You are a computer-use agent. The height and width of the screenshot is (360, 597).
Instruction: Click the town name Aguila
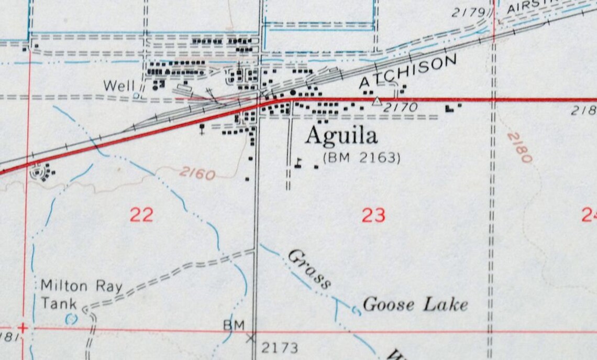341,136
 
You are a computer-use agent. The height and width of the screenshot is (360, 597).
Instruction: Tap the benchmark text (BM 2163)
362,157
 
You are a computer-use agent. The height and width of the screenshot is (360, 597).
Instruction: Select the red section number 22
141,215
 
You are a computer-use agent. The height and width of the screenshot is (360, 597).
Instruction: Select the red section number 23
373,215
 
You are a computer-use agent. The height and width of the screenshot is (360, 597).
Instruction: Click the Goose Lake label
415,304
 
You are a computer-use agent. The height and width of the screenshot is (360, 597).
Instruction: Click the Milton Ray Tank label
81,294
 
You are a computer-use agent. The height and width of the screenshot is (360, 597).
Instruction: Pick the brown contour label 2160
196,173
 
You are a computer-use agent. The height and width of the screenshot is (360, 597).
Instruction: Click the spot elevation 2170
401,107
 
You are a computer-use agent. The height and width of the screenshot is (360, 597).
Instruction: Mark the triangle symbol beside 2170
377,101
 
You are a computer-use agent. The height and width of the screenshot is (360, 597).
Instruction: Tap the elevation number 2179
469,13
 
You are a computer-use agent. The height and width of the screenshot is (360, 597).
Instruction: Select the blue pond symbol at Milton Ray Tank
71,318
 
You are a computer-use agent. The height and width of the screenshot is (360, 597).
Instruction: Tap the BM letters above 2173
234,325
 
